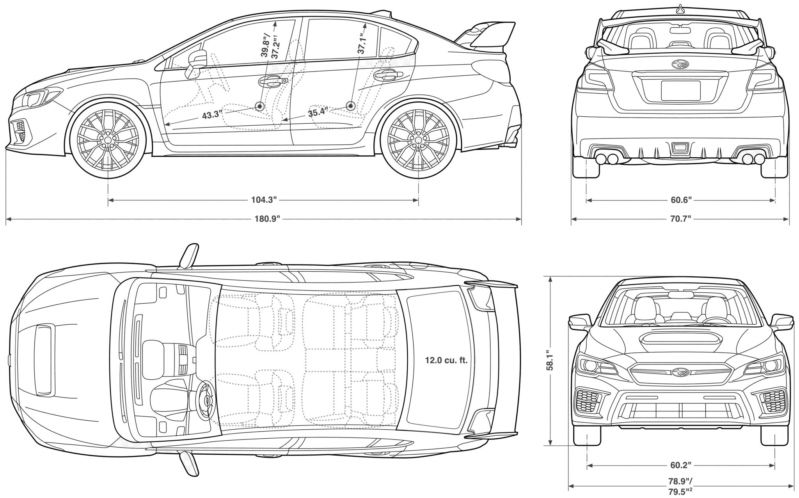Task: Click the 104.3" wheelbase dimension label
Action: coord(264,200)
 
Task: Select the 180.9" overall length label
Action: coord(268,219)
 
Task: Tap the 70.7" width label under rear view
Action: coord(681,219)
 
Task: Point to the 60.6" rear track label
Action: coord(681,200)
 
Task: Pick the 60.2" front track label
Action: coord(681,465)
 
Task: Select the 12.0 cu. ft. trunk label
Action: coord(446,360)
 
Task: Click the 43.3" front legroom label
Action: coord(212,115)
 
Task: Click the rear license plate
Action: coord(680,91)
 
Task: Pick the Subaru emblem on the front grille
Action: coord(680,373)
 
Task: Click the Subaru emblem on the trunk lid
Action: coord(680,64)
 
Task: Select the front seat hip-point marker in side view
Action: coord(260,106)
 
